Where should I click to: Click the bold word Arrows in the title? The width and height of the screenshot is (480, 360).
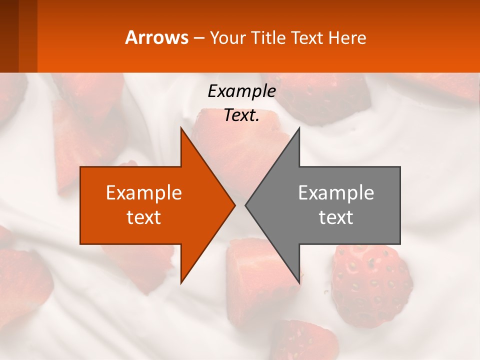(x=156, y=37)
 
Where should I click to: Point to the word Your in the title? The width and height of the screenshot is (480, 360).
(x=228, y=37)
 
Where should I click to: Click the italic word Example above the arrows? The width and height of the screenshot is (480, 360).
(x=241, y=91)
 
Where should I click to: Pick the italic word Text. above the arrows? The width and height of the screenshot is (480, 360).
(x=241, y=115)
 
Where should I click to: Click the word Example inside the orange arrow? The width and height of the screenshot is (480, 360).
(x=143, y=192)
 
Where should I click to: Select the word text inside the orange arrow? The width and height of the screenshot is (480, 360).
(x=143, y=217)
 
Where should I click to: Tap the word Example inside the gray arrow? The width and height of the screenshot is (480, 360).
(x=336, y=192)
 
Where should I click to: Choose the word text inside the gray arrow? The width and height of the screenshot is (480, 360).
(x=336, y=217)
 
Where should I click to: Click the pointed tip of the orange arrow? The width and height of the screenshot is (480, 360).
(x=234, y=205)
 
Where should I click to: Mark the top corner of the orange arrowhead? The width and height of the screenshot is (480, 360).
(x=181, y=128)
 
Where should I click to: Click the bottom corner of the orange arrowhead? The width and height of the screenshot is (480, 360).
(x=181, y=282)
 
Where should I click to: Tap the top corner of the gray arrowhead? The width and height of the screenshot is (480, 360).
(x=299, y=128)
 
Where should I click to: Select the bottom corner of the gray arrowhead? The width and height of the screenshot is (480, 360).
(x=299, y=282)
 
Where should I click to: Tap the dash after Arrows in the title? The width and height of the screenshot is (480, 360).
(x=198, y=38)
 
